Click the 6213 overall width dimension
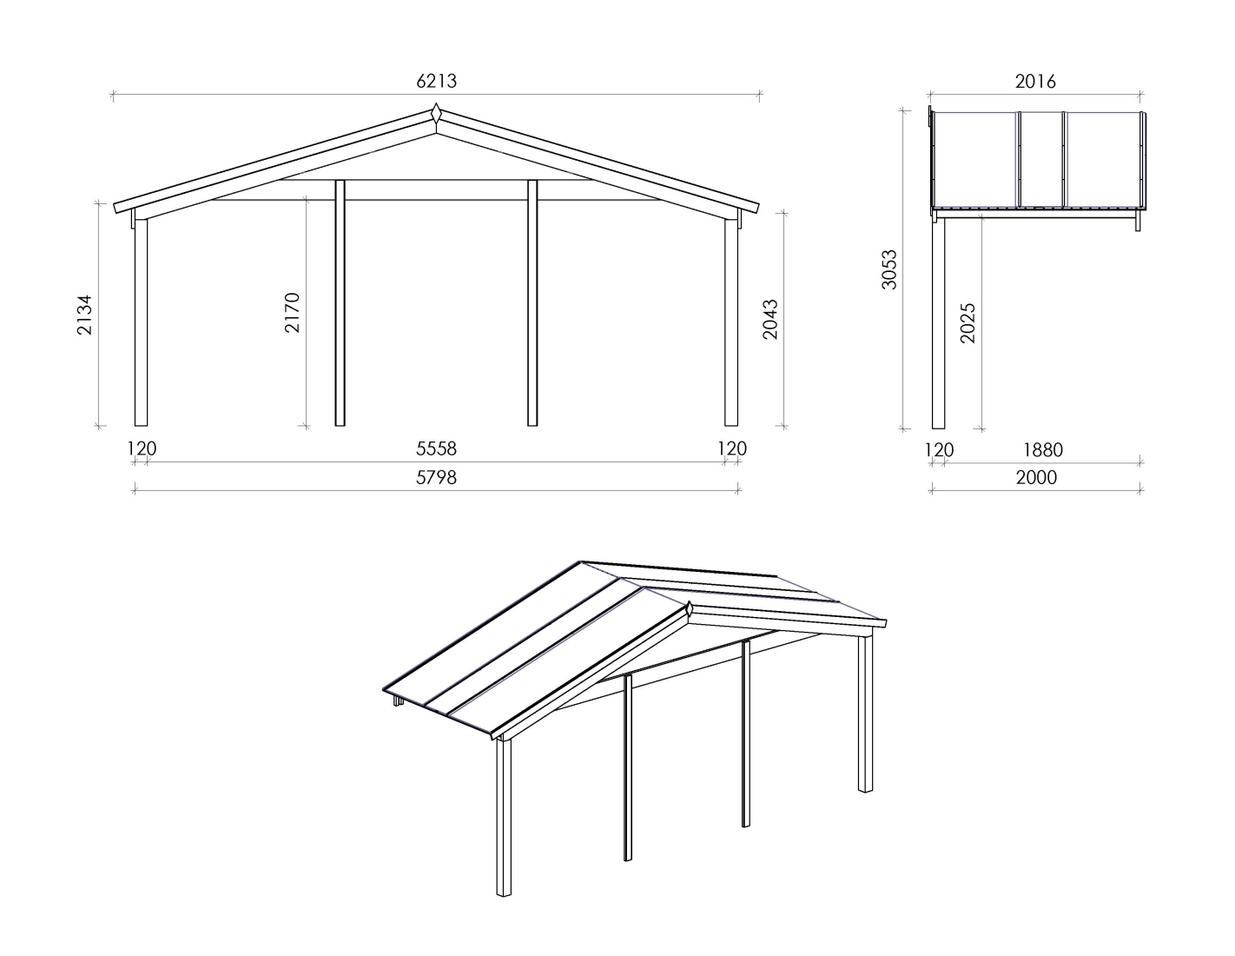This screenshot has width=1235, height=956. tap(436, 82)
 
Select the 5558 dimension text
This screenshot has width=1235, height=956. tap(436, 448)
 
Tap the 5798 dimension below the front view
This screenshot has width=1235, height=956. tap(436, 477)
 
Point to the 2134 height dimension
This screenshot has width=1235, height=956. tap(84, 315)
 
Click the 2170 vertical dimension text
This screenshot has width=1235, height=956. tap(292, 312)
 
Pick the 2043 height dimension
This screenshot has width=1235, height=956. tap(770, 319)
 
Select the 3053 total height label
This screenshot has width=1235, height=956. tap(888, 269)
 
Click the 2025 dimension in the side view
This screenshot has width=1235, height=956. tap(968, 323)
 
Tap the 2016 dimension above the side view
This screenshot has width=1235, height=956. tap(1035, 82)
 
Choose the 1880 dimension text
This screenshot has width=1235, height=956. tap(1043, 450)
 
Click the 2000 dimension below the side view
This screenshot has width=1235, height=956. tap(1036, 477)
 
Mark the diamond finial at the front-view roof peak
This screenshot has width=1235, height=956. tap(436, 113)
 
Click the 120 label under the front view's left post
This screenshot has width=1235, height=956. tap(142, 448)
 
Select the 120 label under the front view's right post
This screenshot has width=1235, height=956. tap(732, 448)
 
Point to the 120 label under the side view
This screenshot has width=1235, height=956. tap(939, 450)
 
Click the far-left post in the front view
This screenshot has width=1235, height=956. tap(141, 322)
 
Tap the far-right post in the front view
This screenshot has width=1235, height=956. tap(731, 322)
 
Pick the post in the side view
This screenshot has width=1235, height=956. tap(938, 323)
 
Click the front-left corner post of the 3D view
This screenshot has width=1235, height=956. tap(504, 817)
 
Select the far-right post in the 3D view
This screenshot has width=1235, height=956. tap(865, 714)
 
